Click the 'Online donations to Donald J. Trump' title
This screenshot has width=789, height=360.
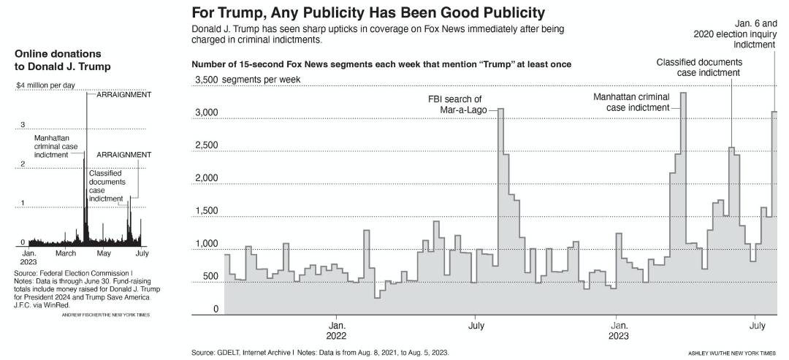[63, 61]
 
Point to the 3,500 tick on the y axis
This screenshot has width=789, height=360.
[207, 80]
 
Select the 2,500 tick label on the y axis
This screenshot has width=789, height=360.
[207, 145]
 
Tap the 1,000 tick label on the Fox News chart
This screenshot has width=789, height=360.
[207, 244]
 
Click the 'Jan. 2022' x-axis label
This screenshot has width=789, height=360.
[337, 329]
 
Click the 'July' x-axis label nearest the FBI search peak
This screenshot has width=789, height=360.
[476, 323]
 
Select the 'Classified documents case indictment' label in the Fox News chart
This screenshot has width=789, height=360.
[699, 67]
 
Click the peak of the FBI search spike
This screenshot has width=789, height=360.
[501, 110]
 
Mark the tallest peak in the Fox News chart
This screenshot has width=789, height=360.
[683, 93]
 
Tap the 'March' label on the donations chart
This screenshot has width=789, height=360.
[66, 253]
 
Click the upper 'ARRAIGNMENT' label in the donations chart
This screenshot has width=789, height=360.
[120, 95]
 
